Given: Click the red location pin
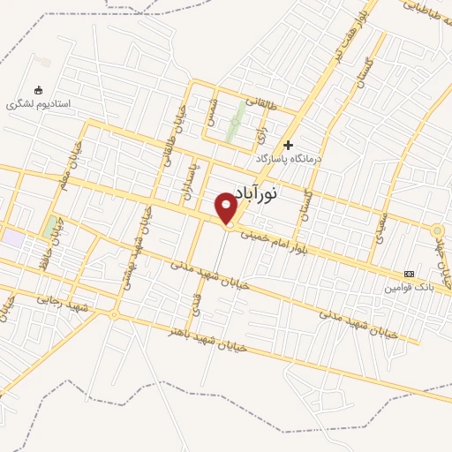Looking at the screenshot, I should click(x=227, y=207).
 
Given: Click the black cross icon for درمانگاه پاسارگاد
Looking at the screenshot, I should click(x=288, y=144).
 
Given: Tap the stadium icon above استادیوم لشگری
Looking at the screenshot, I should click(x=37, y=90).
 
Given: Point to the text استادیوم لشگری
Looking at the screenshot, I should click(x=38, y=103).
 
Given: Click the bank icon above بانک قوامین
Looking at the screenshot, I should click(x=408, y=274).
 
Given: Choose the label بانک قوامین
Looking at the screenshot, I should click(x=409, y=288).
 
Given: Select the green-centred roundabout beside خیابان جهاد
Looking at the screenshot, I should click(x=438, y=230).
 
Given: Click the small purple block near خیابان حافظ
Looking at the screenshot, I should click(x=13, y=237).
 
